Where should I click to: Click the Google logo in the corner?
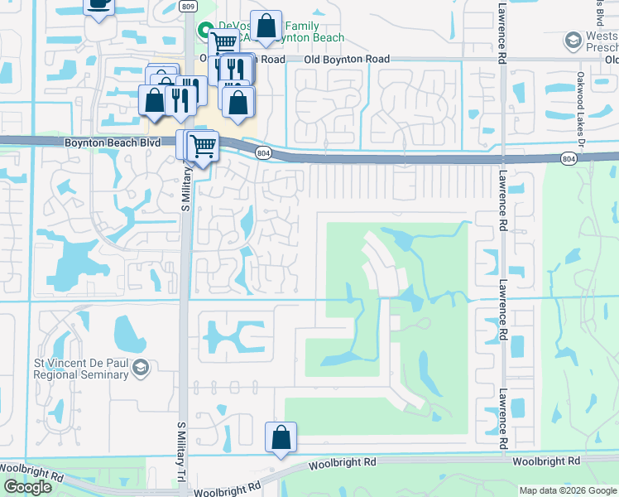tap(27, 487)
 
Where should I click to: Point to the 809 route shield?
tap(189, 7)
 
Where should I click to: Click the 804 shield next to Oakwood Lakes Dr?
tap(567, 157)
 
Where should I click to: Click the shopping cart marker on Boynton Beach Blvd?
tap(202, 147)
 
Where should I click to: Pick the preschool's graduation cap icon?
tap(572, 41)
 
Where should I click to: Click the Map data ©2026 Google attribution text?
tap(568, 490)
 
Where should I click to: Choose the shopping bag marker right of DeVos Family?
tap(266, 26)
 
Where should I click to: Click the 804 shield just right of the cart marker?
tap(263, 153)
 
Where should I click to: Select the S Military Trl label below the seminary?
tap(183, 455)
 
